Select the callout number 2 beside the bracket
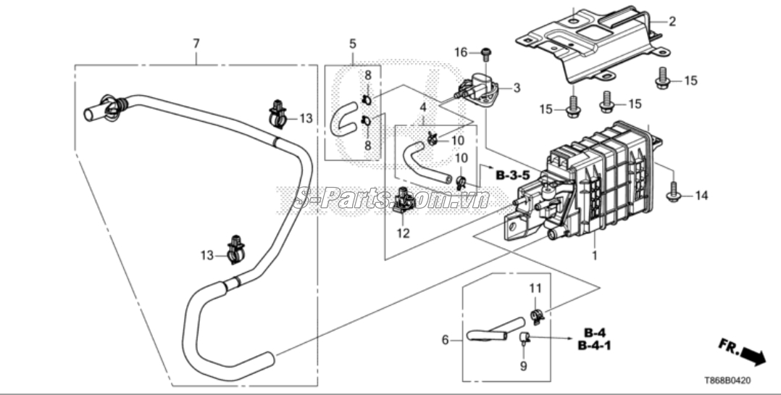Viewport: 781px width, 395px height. point(672,22)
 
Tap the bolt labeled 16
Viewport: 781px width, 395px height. point(485,52)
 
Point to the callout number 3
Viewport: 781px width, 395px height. point(517,88)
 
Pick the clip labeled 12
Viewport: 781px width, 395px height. point(404,200)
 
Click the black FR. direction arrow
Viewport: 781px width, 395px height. point(753,356)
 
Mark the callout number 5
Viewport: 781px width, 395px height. point(352,43)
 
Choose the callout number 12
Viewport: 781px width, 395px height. point(403,233)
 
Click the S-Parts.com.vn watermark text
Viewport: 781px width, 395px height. point(392,196)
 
